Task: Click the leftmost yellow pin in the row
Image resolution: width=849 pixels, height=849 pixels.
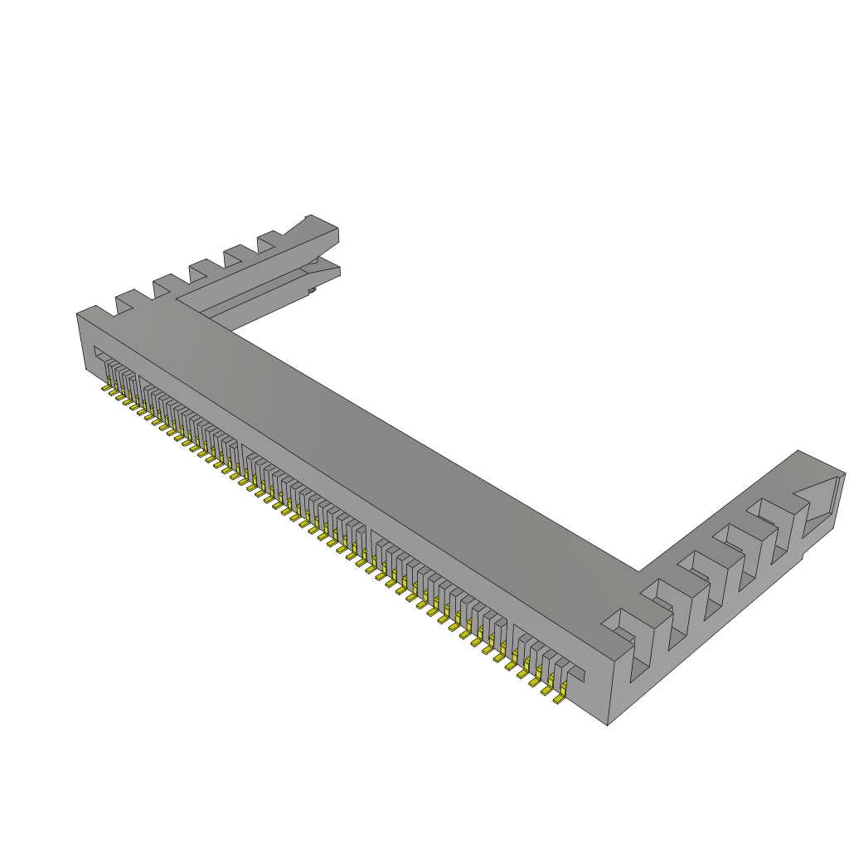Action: [x=106, y=387]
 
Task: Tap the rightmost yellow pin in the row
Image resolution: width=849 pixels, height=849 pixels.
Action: [x=560, y=701]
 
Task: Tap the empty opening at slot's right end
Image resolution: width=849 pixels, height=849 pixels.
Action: [x=577, y=673]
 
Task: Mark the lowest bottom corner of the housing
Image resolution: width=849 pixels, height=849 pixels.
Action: [x=608, y=725]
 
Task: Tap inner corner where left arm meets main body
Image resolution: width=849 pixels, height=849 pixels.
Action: [x=232, y=331]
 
